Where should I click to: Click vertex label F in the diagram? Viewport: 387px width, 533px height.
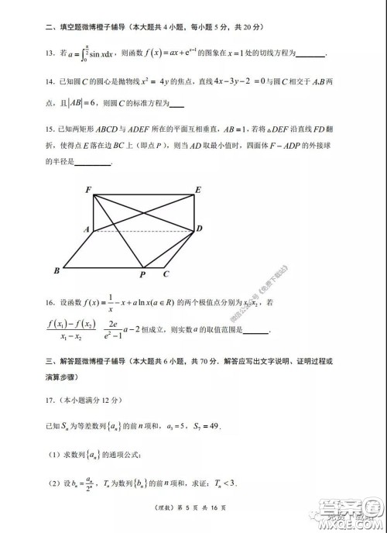88,190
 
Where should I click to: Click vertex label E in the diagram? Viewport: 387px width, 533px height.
199,190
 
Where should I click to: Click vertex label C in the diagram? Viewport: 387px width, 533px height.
166,273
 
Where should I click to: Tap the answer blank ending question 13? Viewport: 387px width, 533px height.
310,56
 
